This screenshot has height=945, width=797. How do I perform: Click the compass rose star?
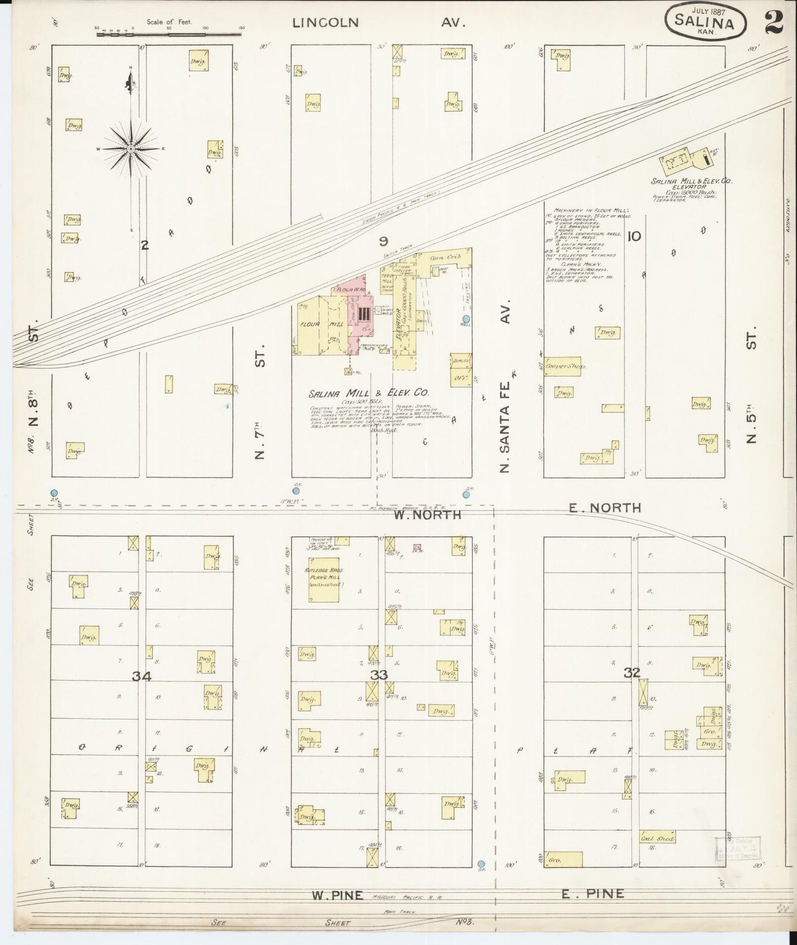[x=131, y=149]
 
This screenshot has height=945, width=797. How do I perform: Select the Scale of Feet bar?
[x=169, y=34]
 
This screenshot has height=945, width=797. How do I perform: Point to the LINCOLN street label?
[x=325, y=23]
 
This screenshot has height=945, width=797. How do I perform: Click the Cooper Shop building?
[x=563, y=366]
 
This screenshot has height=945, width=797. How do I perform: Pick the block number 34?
[x=142, y=676]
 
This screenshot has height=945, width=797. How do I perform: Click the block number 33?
[x=379, y=675]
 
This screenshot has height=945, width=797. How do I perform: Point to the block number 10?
[x=634, y=237]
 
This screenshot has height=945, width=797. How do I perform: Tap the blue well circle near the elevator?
[x=466, y=319]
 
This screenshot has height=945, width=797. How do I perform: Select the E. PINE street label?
[x=593, y=894]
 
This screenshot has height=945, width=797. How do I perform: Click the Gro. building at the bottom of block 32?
[x=564, y=859]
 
